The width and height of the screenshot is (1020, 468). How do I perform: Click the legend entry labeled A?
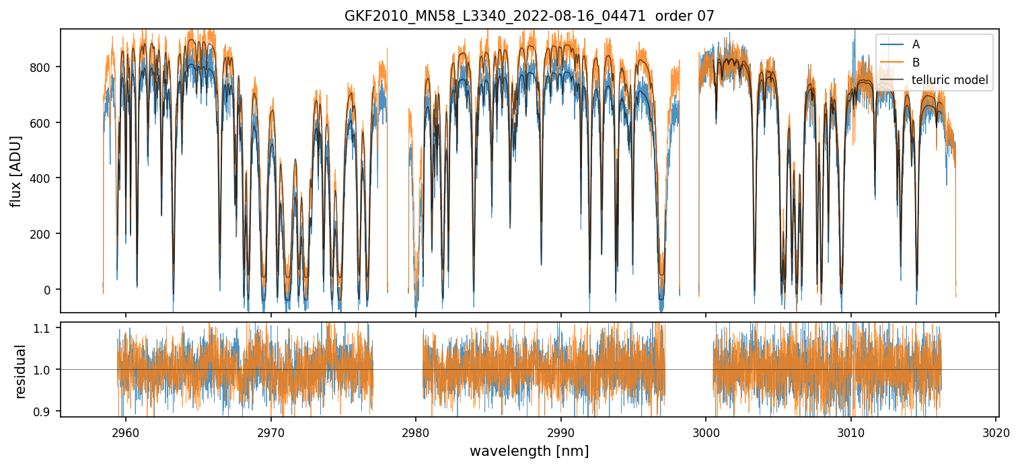pos(916,45)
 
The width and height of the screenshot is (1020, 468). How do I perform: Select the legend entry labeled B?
pos(916,63)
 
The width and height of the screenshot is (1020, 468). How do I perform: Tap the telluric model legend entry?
pos(949,80)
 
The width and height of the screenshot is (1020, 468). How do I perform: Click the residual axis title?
pos(20,370)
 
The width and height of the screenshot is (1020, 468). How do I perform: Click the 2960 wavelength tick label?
pos(125,431)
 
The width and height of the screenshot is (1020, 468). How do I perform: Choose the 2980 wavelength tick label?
pos(416,431)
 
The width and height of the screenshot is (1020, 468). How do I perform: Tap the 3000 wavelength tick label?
pos(706,431)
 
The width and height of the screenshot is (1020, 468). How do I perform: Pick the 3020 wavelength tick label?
pos(996,431)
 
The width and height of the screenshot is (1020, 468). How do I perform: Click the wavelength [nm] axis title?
pos(530,451)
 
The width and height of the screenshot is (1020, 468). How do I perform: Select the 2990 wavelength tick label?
pos(561,431)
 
